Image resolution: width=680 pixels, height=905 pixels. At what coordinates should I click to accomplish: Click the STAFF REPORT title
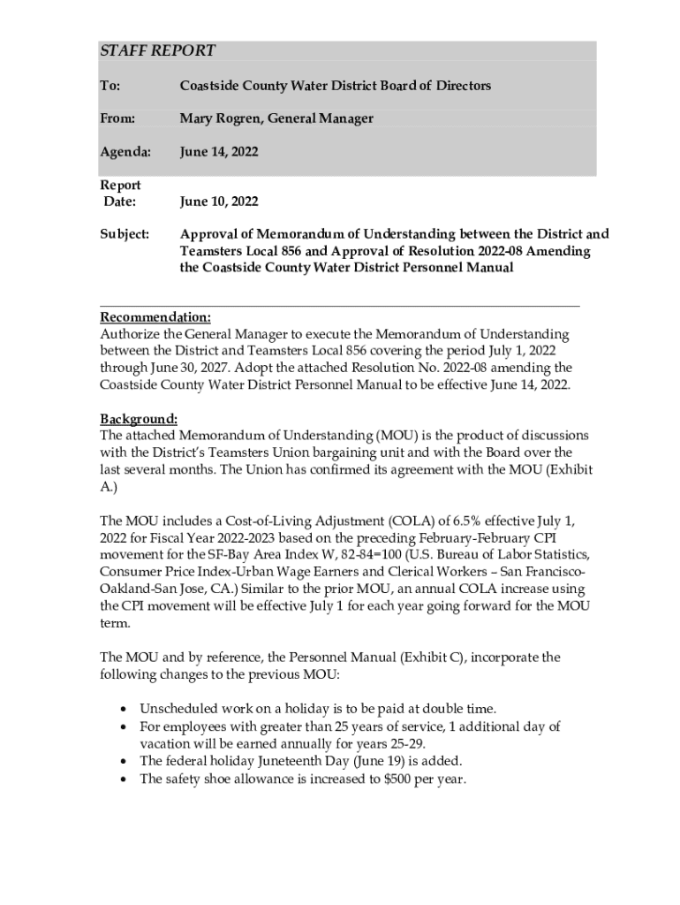point(157,51)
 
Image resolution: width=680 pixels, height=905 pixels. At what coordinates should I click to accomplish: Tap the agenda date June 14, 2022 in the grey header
point(219,152)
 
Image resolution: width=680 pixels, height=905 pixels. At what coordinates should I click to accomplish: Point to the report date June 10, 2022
point(219,202)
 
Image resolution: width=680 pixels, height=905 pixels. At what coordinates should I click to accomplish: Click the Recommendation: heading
point(155,317)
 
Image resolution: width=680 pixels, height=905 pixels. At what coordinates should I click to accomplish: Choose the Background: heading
point(140,418)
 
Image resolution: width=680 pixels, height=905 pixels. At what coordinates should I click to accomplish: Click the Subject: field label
point(125,235)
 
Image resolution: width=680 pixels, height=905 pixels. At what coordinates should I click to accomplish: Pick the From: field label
point(117,118)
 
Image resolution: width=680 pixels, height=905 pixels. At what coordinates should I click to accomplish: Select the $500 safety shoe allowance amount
point(397,780)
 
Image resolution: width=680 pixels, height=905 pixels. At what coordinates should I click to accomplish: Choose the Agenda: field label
point(125,152)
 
